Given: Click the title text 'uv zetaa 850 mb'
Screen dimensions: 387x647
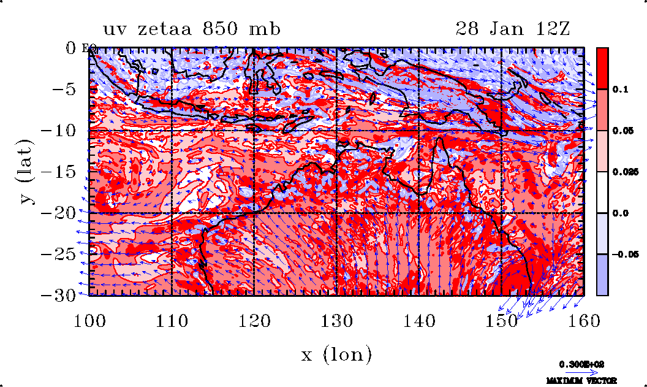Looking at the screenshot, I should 192,29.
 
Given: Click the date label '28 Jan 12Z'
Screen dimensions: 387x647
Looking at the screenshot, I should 512,29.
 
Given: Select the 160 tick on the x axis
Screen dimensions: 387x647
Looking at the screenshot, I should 583,320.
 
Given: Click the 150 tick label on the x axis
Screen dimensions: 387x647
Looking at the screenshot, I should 501,320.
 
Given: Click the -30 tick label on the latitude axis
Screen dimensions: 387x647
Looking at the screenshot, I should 61,294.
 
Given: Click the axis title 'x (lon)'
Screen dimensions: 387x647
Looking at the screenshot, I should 336,354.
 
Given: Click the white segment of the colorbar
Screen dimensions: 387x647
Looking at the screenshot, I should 602,192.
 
